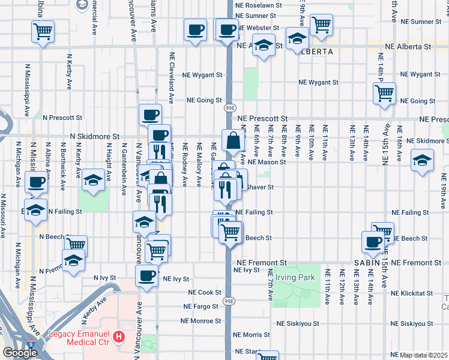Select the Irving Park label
pyautogui.click(x=298, y=278)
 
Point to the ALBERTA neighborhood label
pyautogui.click(x=314, y=52)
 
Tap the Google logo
pyautogui.click(x=20, y=353)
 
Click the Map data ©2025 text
pyautogui.click(x=424, y=355)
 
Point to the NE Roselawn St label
pyautogui.click(x=260, y=5)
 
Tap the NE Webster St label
pyautogui.click(x=259, y=28)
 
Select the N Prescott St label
pyautogui.click(x=62, y=118)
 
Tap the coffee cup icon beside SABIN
pyautogui.click(x=373, y=242)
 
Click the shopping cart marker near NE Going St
pyautogui.click(x=384, y=93)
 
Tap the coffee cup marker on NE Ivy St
pyautogui.click(x=147, y=277)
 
